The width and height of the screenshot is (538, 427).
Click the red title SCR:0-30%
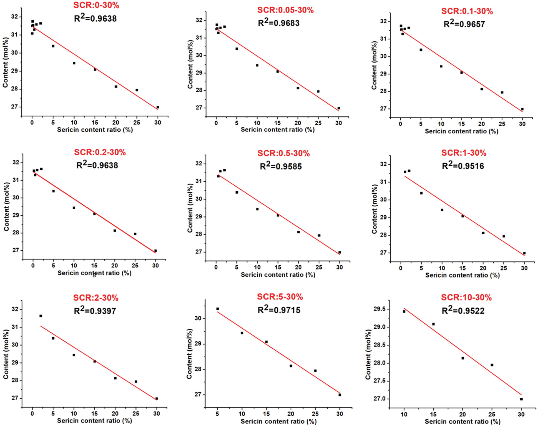click(x=96, y=5)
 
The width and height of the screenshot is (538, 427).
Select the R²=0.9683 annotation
click(x=279, y=23)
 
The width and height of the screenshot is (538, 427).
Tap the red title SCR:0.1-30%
click(x=467, y=11)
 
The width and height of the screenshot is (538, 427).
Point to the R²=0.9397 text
click(x=95, y=311)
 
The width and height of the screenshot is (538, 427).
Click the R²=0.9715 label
click(x=279, y=310)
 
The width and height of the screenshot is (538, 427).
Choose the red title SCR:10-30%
click(x=466, y=298)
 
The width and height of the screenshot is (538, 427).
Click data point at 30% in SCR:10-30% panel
click(x=521, y=399)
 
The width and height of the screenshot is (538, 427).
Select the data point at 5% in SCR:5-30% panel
click(x=218, y=309)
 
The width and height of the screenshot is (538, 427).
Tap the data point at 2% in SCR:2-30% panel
click(x=41, y=316)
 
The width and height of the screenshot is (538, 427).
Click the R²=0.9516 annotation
click(x=463, y=166)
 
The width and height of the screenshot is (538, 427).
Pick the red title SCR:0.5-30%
click(x=283, y=153)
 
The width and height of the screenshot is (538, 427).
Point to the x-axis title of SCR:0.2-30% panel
click(x=94, y=273)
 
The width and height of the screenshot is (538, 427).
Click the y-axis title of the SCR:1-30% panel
click(x=374, y=209)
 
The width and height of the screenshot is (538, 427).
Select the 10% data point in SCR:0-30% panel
click(x=74, y=63)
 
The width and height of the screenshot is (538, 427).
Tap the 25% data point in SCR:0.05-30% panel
click(x=318, y=91)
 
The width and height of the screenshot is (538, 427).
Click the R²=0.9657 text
click(x=464, y=24)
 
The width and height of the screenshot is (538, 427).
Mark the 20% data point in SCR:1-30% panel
click(x=483, y=233)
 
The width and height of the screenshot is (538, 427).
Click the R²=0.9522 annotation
click(x=463, y=311)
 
